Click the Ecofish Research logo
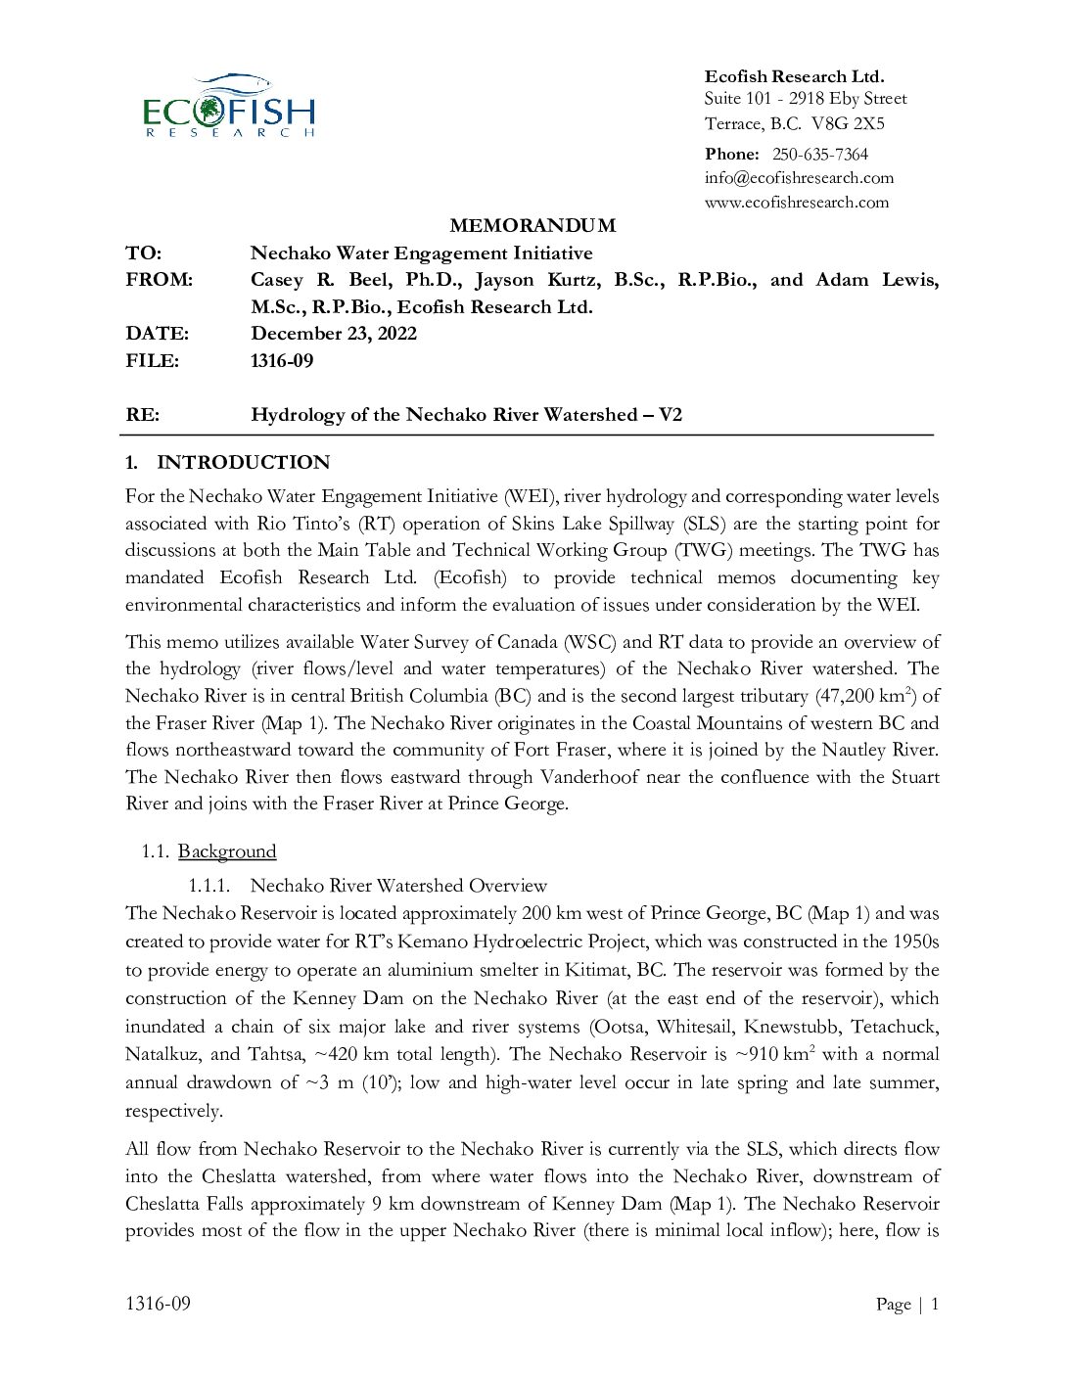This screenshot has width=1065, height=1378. pos(229,106)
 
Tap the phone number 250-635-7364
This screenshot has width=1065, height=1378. pos(819,154)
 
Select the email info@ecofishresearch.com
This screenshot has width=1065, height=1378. pos(799,178)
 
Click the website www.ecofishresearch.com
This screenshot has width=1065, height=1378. pos(797,203)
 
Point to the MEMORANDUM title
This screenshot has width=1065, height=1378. pos(532,226)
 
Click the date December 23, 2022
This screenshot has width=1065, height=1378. pos(334,334)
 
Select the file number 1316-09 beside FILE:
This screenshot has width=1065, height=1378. pos(282,361)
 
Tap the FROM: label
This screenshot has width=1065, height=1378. pos(159,280)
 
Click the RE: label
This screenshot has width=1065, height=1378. pos(142,415)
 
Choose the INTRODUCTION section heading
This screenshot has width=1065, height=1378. pos(243,463)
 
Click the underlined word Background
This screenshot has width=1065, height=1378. pos(227,851)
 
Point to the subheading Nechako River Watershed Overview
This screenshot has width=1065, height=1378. pos(398,886)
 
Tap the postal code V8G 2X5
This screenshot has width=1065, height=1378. pos(848,124)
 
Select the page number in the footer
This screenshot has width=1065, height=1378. pos(934,1304)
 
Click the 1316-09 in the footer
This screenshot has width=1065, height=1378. pos(158,1304)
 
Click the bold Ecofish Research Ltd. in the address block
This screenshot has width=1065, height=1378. pos(794,76)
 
